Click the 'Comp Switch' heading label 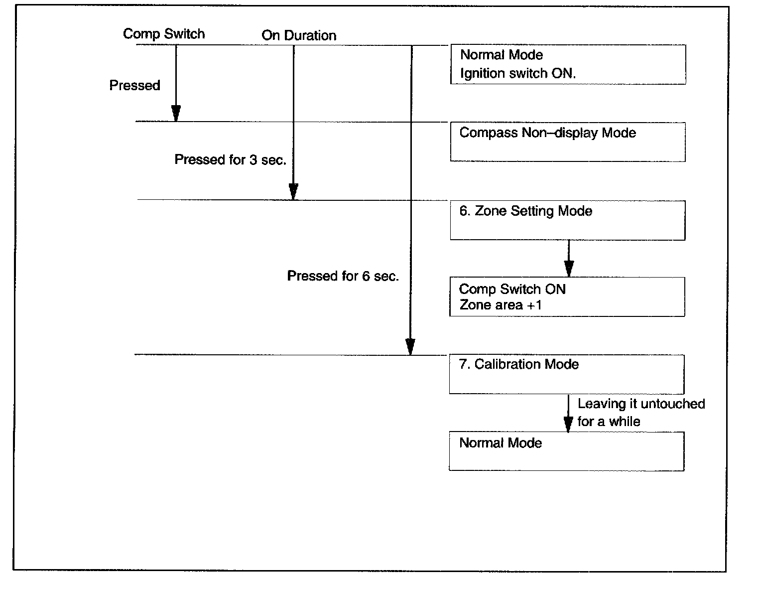pyautogui.click(x=163, y=34)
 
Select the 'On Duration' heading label pyautogui.click(x=299, y=35)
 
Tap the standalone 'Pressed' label pyautogui.click(x=134, y=86)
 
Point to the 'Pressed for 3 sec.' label pyautogui.click(x=230, y=160)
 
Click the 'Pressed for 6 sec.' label pyautogui.click(x=343, y=276)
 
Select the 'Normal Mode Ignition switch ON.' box pyautogui.click(x=568, y=64)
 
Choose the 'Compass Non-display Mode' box pyautogui.click(x=568, y=142)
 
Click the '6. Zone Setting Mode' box pyautogui.click(x=568, y=220)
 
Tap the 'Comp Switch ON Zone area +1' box pyautogui.click(x=568, y=297)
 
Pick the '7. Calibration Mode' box pyautogui.click(x=567, y=374)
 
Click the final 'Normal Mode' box pyautogui.click(x=567, y=451)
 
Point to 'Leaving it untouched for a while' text pyautogui.click(x=641, y=413)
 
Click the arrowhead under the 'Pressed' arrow pyautogui.click(x=176, y=114)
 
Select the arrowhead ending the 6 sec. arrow pyautogui.click(x=410, y=346)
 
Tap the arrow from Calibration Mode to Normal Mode pyautogui.click(x=568, y=413)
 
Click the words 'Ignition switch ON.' pyautogui.click(x=518, y=74)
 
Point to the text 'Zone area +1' pyautogui.click(x=500, y=305)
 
